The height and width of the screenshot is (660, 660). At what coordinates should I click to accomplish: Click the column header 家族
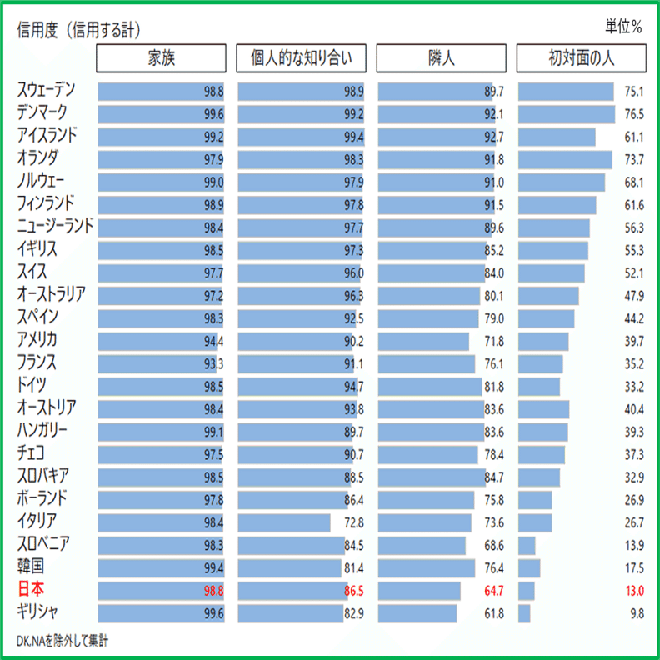161,58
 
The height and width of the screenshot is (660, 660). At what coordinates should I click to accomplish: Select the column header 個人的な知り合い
302,58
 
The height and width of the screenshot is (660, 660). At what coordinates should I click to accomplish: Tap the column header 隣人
441,58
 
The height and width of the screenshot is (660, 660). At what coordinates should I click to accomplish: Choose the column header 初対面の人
582,58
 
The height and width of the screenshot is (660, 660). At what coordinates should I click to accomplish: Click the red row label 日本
32,590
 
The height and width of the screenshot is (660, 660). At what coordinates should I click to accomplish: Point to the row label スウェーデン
52,91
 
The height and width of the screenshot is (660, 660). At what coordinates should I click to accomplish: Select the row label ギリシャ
38,612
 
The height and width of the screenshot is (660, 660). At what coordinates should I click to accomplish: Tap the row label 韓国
32,567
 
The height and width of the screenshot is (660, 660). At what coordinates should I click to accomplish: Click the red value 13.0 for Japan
634,591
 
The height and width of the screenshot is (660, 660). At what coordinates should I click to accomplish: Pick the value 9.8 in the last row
637,613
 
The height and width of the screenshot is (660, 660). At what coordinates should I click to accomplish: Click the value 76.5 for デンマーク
634,114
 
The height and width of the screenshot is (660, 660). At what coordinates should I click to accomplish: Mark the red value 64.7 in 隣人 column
494,591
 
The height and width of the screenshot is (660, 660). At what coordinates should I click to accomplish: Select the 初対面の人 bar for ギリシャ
524,613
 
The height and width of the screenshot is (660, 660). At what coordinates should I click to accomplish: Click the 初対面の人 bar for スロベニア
527,545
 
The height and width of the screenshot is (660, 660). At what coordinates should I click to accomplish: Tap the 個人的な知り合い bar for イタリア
284,522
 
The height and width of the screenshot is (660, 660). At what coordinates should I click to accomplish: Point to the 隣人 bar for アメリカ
423,341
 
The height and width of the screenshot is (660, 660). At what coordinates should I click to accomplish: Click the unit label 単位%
623,27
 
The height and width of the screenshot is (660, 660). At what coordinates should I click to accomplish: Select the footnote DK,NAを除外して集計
62,641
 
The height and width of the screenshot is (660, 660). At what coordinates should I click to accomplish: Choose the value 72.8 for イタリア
353,523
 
